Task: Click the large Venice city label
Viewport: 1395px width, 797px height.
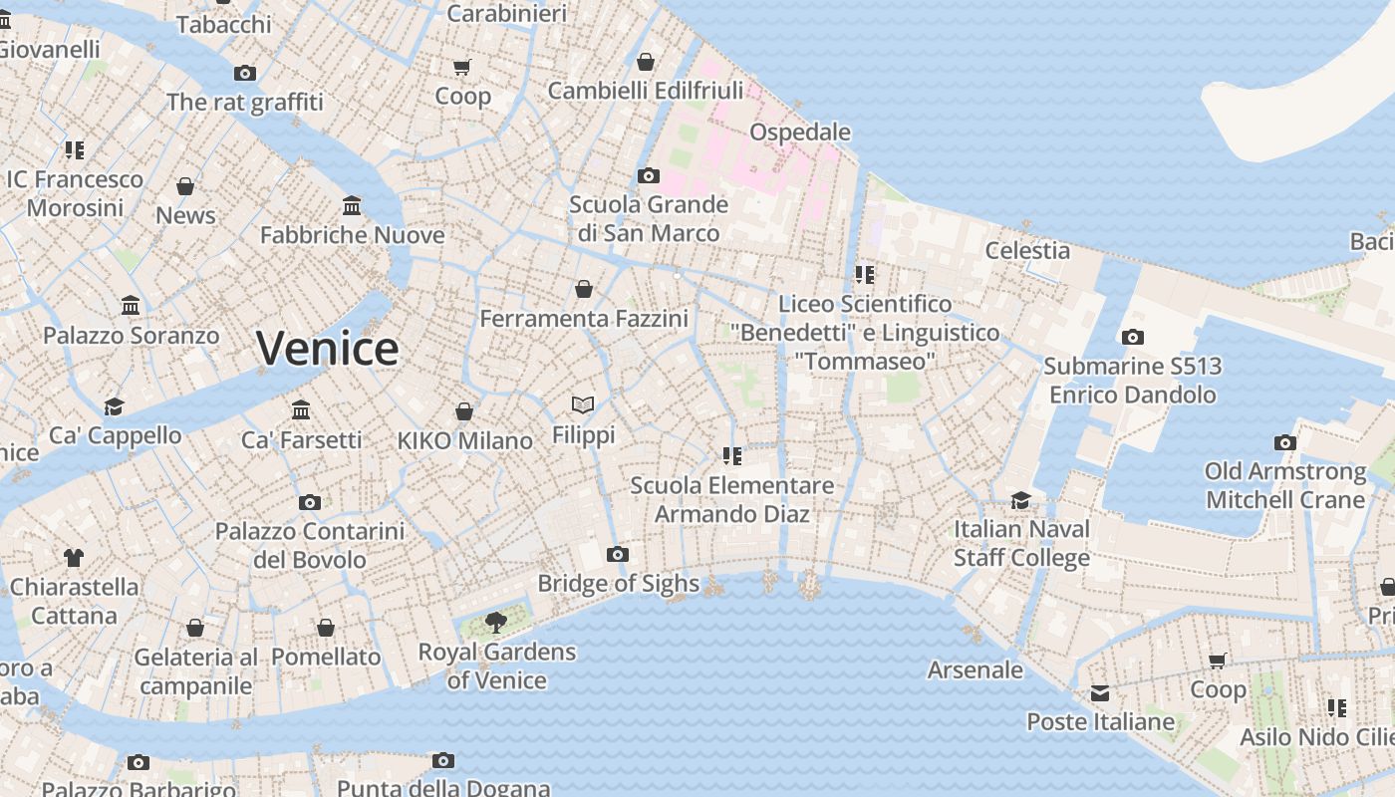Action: pos(327,349)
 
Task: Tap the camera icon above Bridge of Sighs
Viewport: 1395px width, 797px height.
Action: pos(618,554)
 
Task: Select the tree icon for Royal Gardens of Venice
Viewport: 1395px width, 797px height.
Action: pos(495,623)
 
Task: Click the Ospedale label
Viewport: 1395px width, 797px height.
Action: pos(800,133)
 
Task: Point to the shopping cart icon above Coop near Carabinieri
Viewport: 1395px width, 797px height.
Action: pos(461,67)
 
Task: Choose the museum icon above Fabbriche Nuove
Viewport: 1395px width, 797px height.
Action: pos(352,205)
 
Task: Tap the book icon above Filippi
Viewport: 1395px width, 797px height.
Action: pos(583,404)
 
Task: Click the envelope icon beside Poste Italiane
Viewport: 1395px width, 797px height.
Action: pos(1100,692)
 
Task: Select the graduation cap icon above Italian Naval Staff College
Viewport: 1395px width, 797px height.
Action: pos(1020,499)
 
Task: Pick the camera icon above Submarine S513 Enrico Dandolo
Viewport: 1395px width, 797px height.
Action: pos(1132,337)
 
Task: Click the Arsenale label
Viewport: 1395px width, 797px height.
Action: pos(976,669)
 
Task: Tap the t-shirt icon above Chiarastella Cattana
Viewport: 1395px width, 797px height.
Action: pos(74,557)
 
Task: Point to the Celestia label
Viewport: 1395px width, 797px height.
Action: pos(1027,250)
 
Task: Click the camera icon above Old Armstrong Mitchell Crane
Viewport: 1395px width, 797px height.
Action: pos(1285,442)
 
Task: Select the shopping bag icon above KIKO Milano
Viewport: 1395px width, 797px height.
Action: pos(463,410)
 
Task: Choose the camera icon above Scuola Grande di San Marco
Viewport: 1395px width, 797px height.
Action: pos(648,175)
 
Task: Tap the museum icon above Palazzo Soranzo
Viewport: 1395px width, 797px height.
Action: pos(131,305)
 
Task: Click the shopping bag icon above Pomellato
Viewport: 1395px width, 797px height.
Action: pos(325,628)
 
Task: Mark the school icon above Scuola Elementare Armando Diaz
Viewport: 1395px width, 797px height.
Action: pos(732,456)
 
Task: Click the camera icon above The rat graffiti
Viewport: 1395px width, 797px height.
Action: pos(244,73)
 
